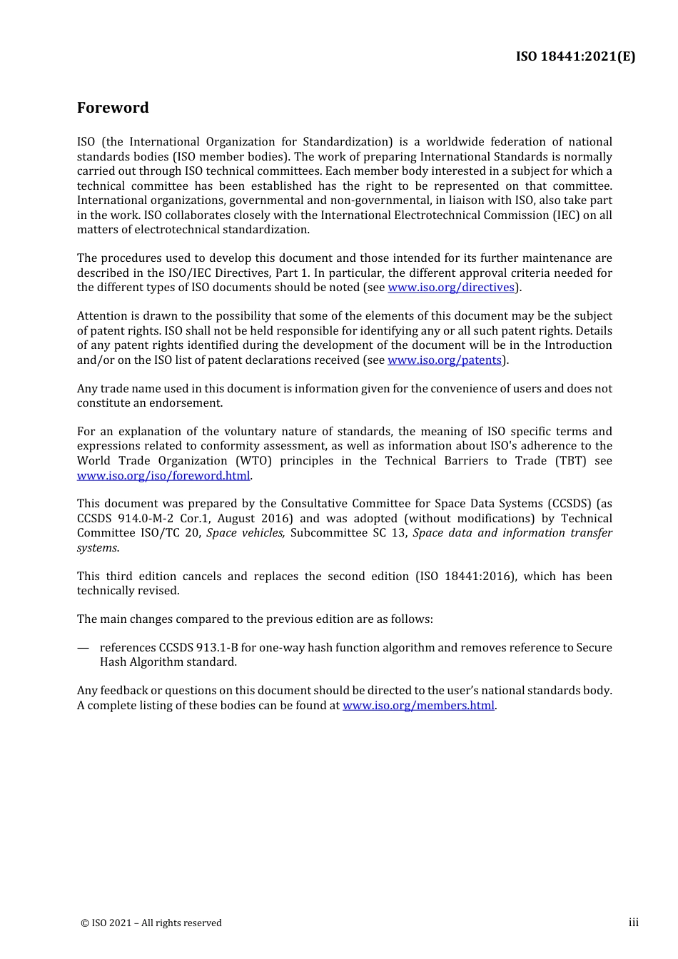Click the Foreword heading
pyautogui.click(x=113, y=108)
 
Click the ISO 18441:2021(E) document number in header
pyautogui.click(x=575, y=56)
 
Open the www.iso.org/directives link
pyautogui.click(x=451, y=288)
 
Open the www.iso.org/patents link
pyautogui.click(x=445, y=360)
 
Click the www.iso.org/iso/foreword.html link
pyautogui.click(x=163, y=476)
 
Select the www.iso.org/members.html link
pyautogui.click(x=418, y=706)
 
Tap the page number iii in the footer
pyautogui.click(x=633, y=923)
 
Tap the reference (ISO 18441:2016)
pyautogui.click(x=465, y=577)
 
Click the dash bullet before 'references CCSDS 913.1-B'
pyautogui.click(x=84, y=648)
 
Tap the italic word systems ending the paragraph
pyautogui.click(x=97, y=548)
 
